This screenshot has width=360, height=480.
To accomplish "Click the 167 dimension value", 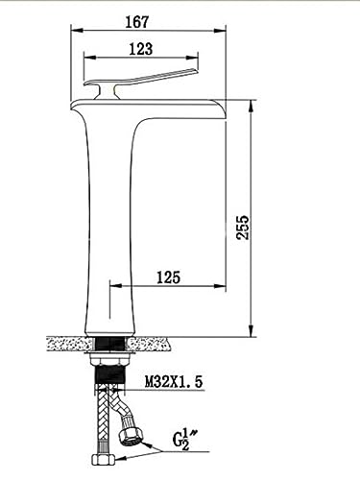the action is pos(137,22).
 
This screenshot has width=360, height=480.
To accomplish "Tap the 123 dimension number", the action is pos(141,49).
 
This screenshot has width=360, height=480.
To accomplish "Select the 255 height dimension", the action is pos(243,228).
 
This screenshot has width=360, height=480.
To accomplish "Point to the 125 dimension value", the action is pos(169,277).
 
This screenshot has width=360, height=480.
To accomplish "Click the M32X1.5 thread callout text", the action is pos(174,382).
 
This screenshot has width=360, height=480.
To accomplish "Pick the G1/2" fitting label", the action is pos(181,441).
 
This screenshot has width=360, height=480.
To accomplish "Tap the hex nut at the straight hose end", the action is pos(103,460).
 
